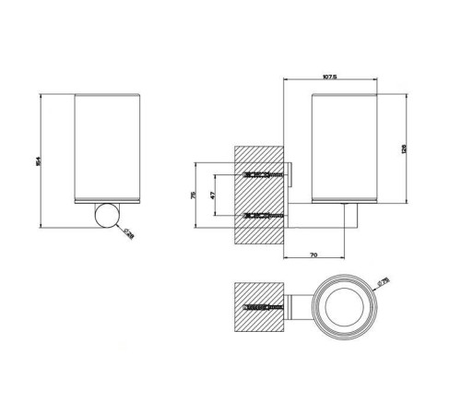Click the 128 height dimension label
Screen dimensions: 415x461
click(405, 148)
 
